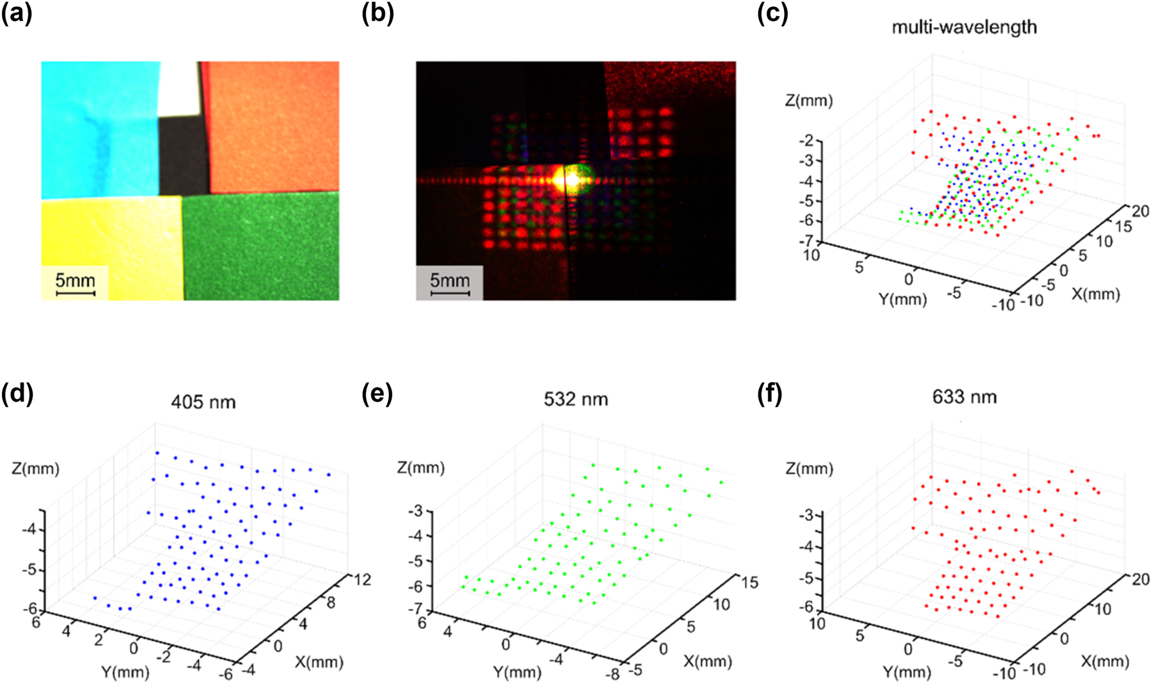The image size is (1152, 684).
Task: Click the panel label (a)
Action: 17,13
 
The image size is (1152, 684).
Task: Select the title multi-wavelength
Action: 964,27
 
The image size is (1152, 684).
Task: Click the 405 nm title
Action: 204,402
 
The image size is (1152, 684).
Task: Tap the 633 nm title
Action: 964,397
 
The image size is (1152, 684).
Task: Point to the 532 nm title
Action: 575,399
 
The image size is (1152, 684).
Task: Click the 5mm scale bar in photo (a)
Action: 76,293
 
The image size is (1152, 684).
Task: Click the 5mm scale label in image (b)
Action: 449,280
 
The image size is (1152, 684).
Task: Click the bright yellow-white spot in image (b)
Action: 567,179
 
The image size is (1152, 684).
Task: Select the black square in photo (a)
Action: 183,156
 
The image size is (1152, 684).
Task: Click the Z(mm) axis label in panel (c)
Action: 809,101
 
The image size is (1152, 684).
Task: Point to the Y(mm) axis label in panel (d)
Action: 125,672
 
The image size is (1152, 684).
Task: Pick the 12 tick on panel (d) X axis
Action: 362,580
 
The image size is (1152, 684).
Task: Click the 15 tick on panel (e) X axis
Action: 749,582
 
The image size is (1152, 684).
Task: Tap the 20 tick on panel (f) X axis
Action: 1140,579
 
